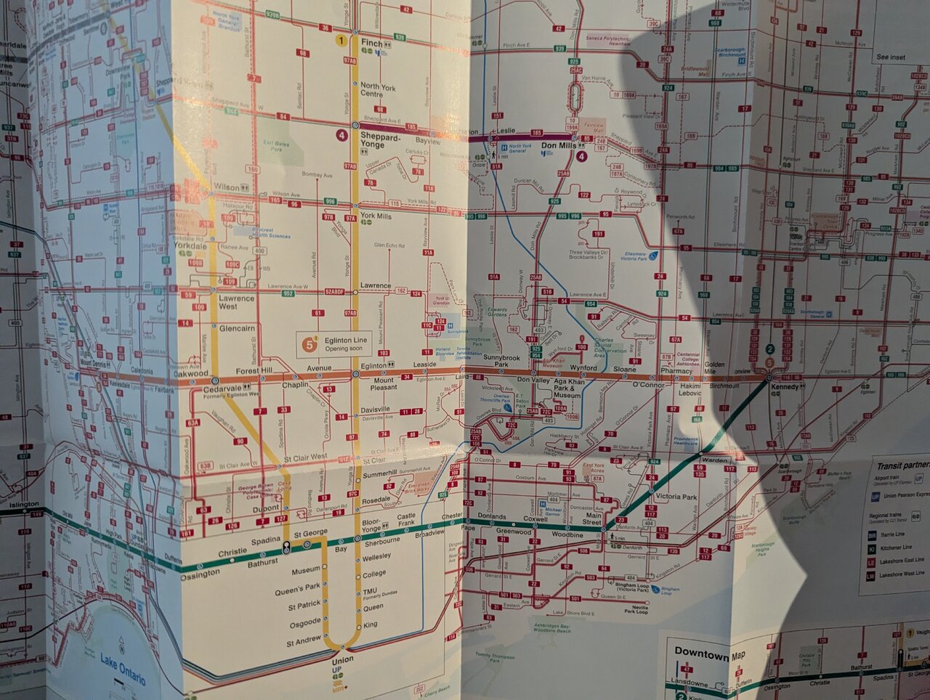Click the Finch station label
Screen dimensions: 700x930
(x=371, y=44)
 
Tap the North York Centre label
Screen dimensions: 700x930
(x=378, y=90)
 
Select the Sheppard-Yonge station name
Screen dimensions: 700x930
(x=380, y=141)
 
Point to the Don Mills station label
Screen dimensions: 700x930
(x=559, y=146)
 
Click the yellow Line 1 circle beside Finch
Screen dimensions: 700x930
(x=341, y=41)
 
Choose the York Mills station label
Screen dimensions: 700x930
(x=376, y=216)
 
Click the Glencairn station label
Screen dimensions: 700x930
(x=237, y=328)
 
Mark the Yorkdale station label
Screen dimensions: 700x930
(x=190, y=246)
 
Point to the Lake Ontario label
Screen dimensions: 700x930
(x=123, y=669)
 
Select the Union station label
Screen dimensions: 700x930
(x=342, y=660)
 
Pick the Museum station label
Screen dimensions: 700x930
(x=306, y=570)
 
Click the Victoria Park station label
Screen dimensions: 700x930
(x=676, y=497)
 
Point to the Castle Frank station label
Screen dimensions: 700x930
(x=406, y=520)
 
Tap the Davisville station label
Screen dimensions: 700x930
(x=376, y=410)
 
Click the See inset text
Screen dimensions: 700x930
(x=891, y=57)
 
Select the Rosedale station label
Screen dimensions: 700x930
(x=376, y=500)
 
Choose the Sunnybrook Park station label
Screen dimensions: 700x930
(x=501, y=361)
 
